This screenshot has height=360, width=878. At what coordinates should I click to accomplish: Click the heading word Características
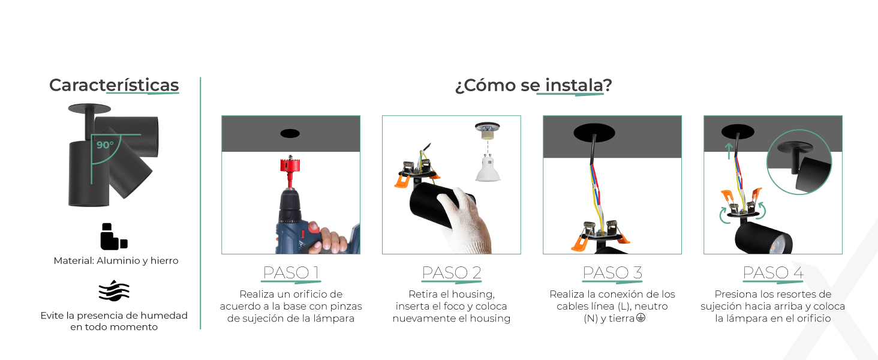point(114,85)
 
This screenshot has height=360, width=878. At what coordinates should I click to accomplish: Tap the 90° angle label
point(105,145)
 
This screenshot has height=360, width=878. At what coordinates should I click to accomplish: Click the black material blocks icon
point(114,236)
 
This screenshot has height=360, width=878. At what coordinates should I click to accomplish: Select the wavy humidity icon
point(114,290)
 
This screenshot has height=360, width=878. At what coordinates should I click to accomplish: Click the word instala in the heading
point(574,85)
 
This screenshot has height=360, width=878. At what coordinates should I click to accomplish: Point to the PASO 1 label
point(291,272)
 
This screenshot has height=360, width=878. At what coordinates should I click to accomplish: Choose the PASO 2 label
point(452,272)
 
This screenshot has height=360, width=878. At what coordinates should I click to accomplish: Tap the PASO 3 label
point(612,272)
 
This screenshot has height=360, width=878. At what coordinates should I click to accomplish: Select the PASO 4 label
point(773,272)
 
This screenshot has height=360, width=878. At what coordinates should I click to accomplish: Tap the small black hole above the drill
point(290,133)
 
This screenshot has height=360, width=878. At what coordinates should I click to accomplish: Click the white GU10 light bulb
point(488,168)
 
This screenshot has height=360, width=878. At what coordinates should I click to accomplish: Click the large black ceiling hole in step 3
point(594,133)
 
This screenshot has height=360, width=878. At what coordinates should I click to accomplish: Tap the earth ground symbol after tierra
point(641,317)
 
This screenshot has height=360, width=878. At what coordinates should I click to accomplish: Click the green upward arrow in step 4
point(729,151)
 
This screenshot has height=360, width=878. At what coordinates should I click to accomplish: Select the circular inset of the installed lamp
point(799,162)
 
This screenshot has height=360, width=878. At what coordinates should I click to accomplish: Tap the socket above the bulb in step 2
point(488,132)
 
